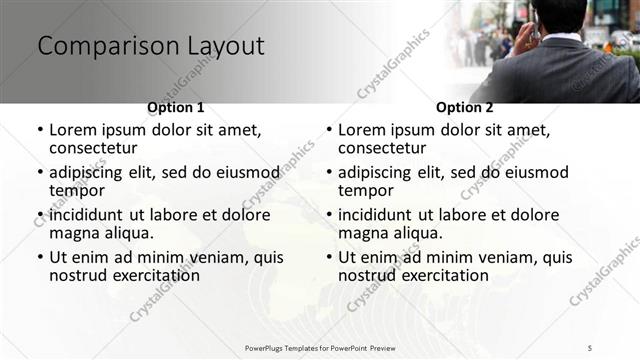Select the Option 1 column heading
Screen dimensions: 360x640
point(176,107)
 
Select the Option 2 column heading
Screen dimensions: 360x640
point(465,107)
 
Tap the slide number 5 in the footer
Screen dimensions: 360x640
point(590,347)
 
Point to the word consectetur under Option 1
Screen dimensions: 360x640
point(94,148)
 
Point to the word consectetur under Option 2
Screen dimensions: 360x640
point(383,148)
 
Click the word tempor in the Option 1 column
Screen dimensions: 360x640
point(76,191)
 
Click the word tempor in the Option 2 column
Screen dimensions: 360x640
point(365,191)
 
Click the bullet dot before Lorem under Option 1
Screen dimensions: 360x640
point(40,131)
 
